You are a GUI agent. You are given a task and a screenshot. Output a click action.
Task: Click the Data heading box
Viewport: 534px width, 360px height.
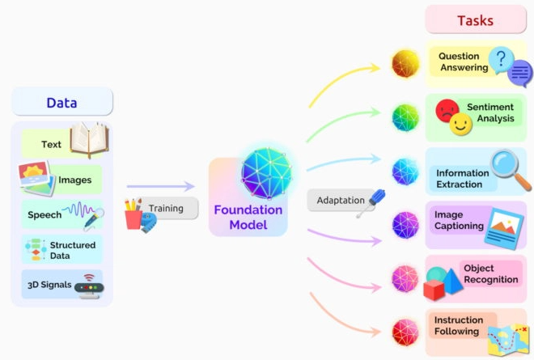(62, 102)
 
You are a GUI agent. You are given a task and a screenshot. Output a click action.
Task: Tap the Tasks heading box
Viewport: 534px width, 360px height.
(476, 20)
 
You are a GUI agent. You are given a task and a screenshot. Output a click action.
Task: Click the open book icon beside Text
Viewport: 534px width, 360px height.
(90, 140)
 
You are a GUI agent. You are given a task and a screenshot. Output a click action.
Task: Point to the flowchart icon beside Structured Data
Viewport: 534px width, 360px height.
(36, 250)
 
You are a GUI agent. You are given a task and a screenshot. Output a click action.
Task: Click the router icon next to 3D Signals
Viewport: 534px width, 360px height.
(89, 286)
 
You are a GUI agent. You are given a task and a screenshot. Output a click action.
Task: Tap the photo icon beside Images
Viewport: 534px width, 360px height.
(36, 178)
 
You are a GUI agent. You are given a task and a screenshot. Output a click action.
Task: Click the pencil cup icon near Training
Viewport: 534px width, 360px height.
(133, 214)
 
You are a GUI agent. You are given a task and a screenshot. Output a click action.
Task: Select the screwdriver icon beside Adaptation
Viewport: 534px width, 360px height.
(371, 203)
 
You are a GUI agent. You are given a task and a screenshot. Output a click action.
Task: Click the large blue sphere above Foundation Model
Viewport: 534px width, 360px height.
(267, 173)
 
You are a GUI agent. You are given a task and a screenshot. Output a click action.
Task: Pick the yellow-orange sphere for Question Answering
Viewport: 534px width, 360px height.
(405, 64)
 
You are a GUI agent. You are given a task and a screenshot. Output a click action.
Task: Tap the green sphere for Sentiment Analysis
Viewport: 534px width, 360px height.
(405, 118)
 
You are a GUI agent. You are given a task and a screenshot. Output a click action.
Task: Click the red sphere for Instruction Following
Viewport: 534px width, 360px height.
(405, 332)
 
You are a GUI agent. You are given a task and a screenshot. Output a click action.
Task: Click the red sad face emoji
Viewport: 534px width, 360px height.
(447, 111)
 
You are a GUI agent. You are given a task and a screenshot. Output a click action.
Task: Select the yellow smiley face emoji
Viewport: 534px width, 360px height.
(461, 124)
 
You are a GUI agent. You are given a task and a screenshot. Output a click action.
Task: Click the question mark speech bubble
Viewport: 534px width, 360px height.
(501, 61)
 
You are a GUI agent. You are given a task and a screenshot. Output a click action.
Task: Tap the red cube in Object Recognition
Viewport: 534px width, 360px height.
(434, 290)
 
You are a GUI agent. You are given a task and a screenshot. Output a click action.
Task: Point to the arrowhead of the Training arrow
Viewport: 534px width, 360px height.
(189, 186)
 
